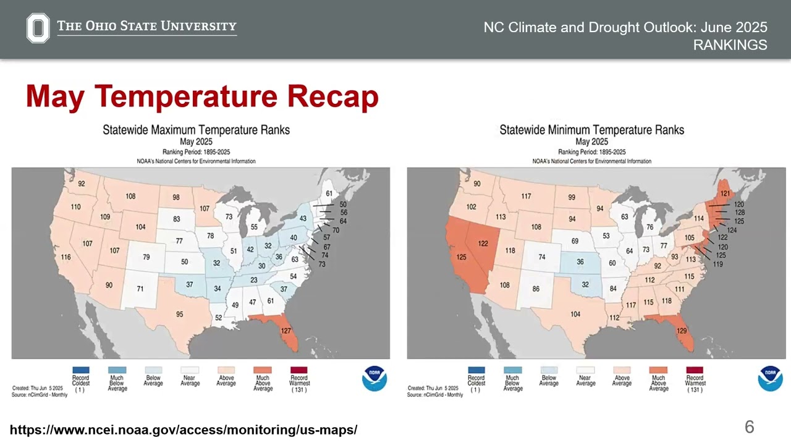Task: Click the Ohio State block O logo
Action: coord(38,28)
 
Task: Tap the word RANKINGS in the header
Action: coord(730,45)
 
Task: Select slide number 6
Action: coord(749,427)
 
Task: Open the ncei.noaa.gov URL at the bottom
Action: coord(184,430)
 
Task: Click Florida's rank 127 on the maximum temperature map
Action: coord(286,331)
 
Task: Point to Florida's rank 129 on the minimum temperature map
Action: coord(682,331)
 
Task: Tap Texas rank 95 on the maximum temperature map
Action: coord(179,314)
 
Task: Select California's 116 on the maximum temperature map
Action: coord(66,257)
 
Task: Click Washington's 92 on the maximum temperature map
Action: coord(81,184)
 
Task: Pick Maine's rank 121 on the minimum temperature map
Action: coord(725,193)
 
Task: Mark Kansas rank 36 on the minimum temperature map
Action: coord(580,262)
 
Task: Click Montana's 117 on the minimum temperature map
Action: coord(525,197)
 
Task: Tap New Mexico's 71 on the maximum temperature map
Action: coord(140,289)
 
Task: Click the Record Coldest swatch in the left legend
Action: coord(80,370)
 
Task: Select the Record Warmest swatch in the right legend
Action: coord(694,370)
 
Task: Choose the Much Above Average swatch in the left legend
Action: coord(263,370)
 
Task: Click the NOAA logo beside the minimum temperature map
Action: coord(770,378)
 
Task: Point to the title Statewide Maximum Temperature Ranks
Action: coord(196,130)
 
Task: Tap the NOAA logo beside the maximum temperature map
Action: coord(374,378)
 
